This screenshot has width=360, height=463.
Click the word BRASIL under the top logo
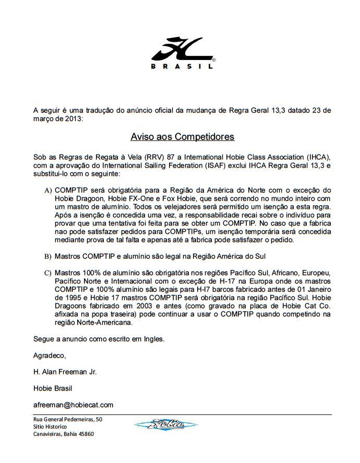click(x=182, y=66)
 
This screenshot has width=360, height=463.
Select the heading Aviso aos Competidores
click(x=182, y=137)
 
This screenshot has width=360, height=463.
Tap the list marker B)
click(x=48, y=256)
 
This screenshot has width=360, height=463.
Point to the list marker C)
click(x=48, y=273)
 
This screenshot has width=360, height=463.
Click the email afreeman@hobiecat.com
click(x=73, y=405)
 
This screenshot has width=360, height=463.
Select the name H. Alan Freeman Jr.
click(x=65, y=372)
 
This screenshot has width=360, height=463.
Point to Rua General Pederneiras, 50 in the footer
click(x=68, y=419)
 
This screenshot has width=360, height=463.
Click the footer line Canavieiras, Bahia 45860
click(x=64, y=434)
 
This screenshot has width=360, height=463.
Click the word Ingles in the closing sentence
click(x=152, y=339)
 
